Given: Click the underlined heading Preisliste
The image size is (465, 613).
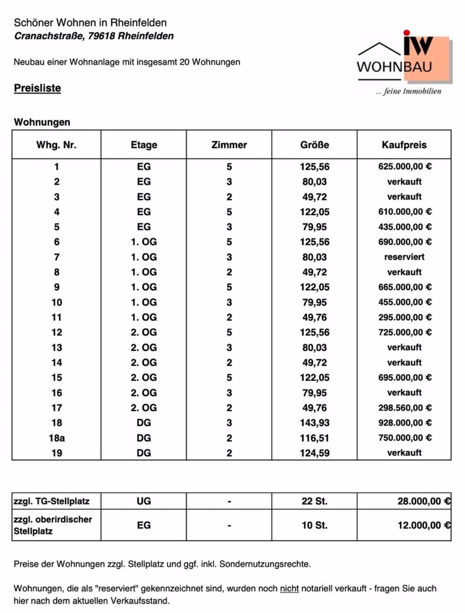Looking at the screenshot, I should (x=37, y=88).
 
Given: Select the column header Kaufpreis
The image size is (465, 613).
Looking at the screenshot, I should (x=404, y=145).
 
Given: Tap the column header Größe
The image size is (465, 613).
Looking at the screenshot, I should (x=314, y=145).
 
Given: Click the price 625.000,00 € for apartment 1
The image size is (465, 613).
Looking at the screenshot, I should (x=405, y=167).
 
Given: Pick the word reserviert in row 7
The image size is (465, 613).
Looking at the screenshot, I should (x=404, y=257).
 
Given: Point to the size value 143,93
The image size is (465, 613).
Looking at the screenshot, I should (x=314, y=423).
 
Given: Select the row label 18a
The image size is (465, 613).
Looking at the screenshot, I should (x=57, y=438).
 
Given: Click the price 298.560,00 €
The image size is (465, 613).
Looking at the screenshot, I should (x=405, y=408).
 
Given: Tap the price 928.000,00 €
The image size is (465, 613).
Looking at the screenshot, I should (x=405, y=423).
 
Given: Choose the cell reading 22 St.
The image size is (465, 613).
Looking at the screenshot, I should (x=314, y=501).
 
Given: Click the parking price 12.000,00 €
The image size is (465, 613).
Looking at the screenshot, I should (x=424, y=525).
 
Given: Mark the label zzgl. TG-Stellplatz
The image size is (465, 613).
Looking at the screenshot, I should (x=51, y=501).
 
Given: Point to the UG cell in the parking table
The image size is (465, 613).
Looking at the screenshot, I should (x=144, y=501).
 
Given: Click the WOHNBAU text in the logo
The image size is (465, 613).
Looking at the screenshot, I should (x=394, y=67).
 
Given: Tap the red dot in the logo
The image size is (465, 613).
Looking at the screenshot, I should (x=407, y=33).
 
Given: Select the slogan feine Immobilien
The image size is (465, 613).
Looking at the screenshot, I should (x=412, y=91).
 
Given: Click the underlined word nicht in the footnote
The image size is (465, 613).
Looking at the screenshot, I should (x=289, y=588).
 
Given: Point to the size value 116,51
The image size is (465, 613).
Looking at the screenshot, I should (x=314, y=438).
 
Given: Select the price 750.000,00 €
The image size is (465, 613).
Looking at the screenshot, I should (x=405, y=438).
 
